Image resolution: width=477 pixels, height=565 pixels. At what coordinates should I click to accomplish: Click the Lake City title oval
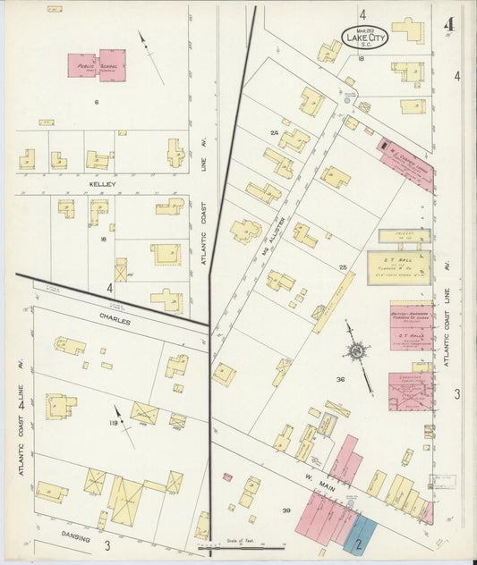coord(365,38)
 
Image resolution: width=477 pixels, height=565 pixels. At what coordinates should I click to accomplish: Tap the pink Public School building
coord(97,64)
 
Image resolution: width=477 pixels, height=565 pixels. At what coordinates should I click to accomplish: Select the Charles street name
coord(115,320)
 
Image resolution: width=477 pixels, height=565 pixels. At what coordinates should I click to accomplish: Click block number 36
coord(339,380)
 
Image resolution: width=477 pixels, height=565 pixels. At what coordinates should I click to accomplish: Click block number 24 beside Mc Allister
coord(274,132)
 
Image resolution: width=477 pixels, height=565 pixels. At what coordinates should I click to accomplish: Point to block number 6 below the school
coord(95,102)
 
